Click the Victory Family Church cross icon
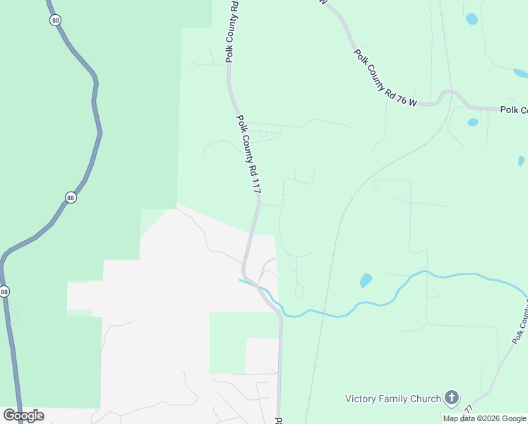coord(452,399)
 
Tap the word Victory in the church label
coord(362,399)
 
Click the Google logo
coord(23,416)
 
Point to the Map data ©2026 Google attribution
coord(484,418)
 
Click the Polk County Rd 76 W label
coord(385,78)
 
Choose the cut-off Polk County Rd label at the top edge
coord(232,32)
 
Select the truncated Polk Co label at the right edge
coord(513,110)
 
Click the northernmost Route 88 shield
coord(56,20)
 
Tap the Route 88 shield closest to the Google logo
coord(5,291)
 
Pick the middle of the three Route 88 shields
coord(70,198)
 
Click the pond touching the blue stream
coord(366,280)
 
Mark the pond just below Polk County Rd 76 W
coord(473,122)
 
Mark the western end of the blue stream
coord(241,281)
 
